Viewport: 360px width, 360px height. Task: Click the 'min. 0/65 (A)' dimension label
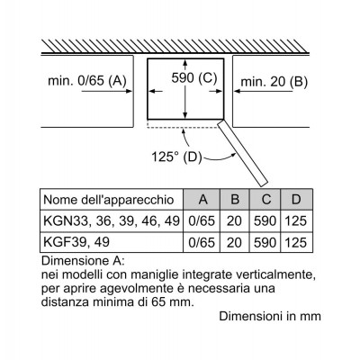coord(87,81)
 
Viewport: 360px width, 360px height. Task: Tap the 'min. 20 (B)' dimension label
coord(274,82)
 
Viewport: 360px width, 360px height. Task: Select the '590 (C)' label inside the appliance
coord(194,78)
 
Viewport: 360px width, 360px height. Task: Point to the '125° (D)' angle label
coord(176,157)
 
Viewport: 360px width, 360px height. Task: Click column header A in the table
coord(203,200)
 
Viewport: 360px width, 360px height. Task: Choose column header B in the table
coord(235,200)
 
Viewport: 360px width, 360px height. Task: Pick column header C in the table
coord(265,200)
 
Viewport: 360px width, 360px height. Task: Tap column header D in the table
coord(296,200)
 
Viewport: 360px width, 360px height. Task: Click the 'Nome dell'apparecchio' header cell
coord(109,200)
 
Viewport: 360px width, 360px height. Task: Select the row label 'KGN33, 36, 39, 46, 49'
coord(112,221)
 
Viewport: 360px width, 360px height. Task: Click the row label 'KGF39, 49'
coord(76,242)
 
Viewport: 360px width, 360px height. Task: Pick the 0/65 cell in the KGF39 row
coord(202,242)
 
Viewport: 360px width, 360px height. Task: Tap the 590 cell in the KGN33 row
coord(265,221)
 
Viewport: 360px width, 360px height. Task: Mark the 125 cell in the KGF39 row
coord(296,242)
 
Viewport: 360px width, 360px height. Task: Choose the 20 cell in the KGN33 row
coord(234,221)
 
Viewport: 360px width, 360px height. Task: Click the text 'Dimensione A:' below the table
coord(83,261)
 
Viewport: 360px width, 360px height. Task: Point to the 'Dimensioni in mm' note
coord(270,316)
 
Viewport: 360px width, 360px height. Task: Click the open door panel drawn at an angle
coord(242,152)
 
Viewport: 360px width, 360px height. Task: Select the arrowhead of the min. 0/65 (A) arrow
coord(129,91)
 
